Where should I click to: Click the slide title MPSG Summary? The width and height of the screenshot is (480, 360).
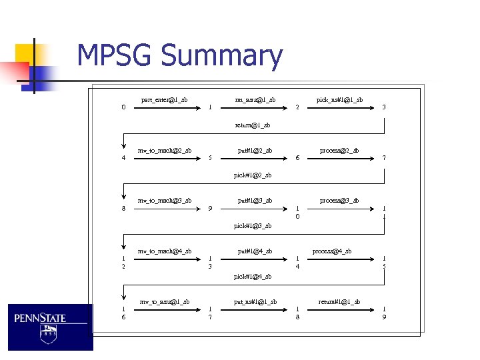[x=179, y=56]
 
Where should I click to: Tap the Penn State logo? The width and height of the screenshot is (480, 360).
[x=50, y=327]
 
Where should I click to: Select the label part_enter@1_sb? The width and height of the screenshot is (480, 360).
[x=164, y=100]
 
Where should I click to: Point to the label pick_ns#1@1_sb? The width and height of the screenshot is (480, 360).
[x=339, y=100]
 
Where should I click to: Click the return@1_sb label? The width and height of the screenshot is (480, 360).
[x=253, y=125]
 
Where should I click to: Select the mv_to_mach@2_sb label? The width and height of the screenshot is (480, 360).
[x=164, y=150]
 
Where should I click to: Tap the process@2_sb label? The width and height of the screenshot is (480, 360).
[x=339, y=150]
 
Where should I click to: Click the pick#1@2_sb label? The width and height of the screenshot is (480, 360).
[x=253, y=175]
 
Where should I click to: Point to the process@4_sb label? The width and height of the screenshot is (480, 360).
[x=332, y=251]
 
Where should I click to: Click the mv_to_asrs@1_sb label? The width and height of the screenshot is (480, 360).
[x=164, y=302]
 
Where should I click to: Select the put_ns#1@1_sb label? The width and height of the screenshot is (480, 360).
[x=255, y=302]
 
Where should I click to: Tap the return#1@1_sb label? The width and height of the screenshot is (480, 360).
[x=339, y=302]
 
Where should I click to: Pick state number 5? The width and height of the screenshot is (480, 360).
[x=210, y=158]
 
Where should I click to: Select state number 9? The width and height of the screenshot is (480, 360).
[x=210, y=209]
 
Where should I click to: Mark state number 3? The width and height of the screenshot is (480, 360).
[x=384, y=107]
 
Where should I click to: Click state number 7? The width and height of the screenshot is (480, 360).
[x=384, y=158]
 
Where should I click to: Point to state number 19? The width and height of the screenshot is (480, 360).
[x=384, y=313]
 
